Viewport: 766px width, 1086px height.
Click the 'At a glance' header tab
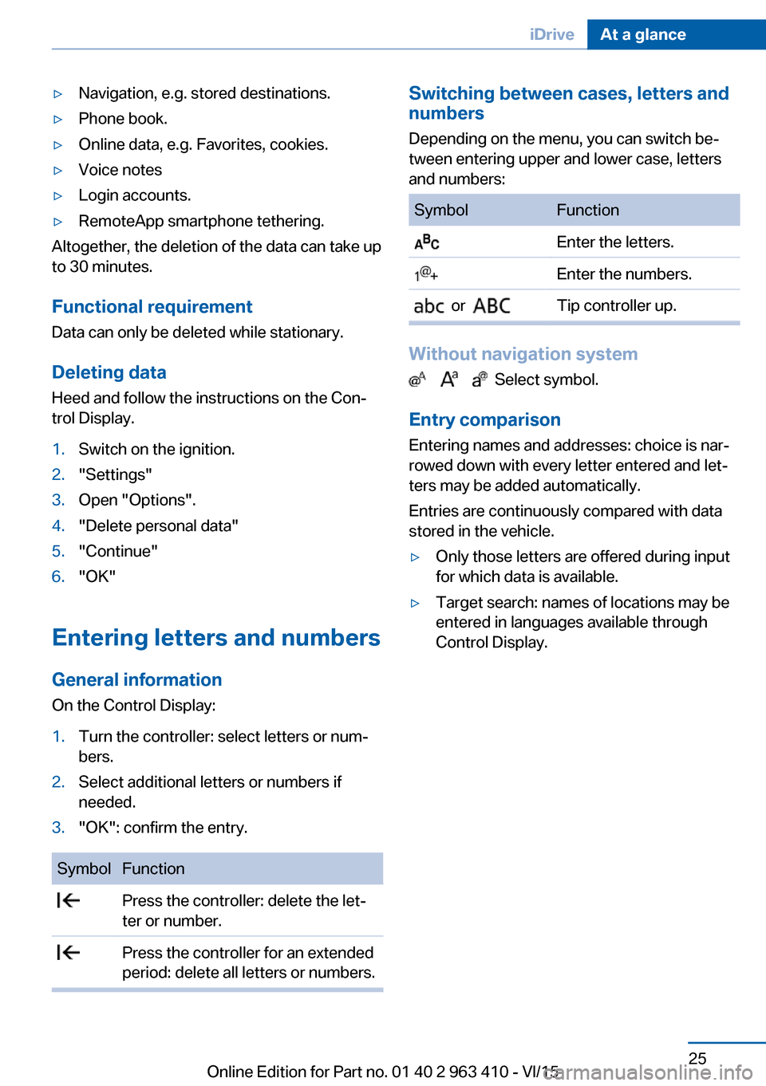[642, 34]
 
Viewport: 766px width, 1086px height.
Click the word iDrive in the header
[551, 34]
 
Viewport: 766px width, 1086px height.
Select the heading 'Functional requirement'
[152, 307]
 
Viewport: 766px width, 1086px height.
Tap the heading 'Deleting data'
[109, 372]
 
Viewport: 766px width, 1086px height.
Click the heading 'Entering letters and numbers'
[215, 638]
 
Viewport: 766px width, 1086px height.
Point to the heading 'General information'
[136, 680]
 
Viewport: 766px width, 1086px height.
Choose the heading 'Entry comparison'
[484, 420]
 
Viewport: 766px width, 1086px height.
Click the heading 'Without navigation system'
[523, 354]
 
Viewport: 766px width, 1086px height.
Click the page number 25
[697, 1058]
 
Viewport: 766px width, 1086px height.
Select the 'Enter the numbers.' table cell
[624, 274]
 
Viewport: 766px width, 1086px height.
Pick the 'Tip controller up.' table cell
[616, 306]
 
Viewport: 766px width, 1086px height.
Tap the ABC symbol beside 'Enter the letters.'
[427, 242]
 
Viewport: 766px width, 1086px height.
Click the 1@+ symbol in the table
[426, 274]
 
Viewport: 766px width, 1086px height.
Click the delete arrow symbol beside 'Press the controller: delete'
[69, 901]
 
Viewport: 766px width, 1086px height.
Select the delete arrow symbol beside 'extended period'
[69, 953]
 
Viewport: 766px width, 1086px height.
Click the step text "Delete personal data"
[158, 526]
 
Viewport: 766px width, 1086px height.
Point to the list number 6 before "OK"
[58, 576]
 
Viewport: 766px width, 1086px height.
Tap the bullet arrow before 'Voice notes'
[57, 171]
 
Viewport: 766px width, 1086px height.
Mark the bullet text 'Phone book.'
[123, 119]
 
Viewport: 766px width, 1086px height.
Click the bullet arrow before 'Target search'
[415, 604]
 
